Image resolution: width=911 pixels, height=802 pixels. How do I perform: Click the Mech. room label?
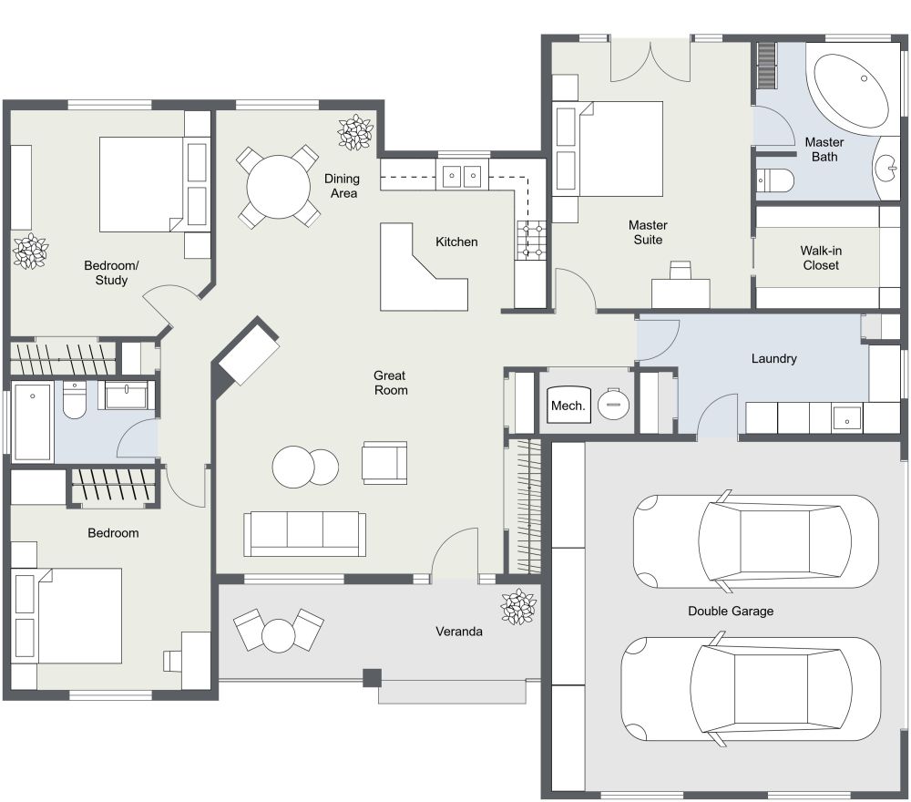tap(567, 406)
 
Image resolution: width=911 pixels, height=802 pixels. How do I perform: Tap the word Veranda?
tap(458, 631)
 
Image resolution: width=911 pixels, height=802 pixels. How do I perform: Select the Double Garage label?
tap(730, 611)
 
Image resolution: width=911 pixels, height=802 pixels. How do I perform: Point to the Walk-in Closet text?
tap(820, 258)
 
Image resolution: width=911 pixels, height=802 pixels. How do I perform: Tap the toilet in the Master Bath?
tap(774, 180)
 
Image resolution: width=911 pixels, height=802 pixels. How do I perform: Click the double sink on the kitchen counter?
tap(462, 175)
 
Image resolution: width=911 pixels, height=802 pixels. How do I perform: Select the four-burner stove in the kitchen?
tap(530, 241)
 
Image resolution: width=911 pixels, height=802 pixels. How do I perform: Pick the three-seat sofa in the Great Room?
tap(304, 533)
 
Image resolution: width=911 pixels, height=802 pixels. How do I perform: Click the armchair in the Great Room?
tap(384, 462)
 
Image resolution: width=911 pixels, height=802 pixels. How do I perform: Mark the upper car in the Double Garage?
tap(755, 539)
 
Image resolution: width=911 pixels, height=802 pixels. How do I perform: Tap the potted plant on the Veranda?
tap(518, 607)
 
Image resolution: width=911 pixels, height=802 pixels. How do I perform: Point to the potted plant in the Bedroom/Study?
tap(30, 251)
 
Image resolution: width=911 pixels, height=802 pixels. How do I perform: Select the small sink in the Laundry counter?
tap(846, 419)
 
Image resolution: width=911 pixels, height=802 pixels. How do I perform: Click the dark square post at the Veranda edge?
tap(371, 678)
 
